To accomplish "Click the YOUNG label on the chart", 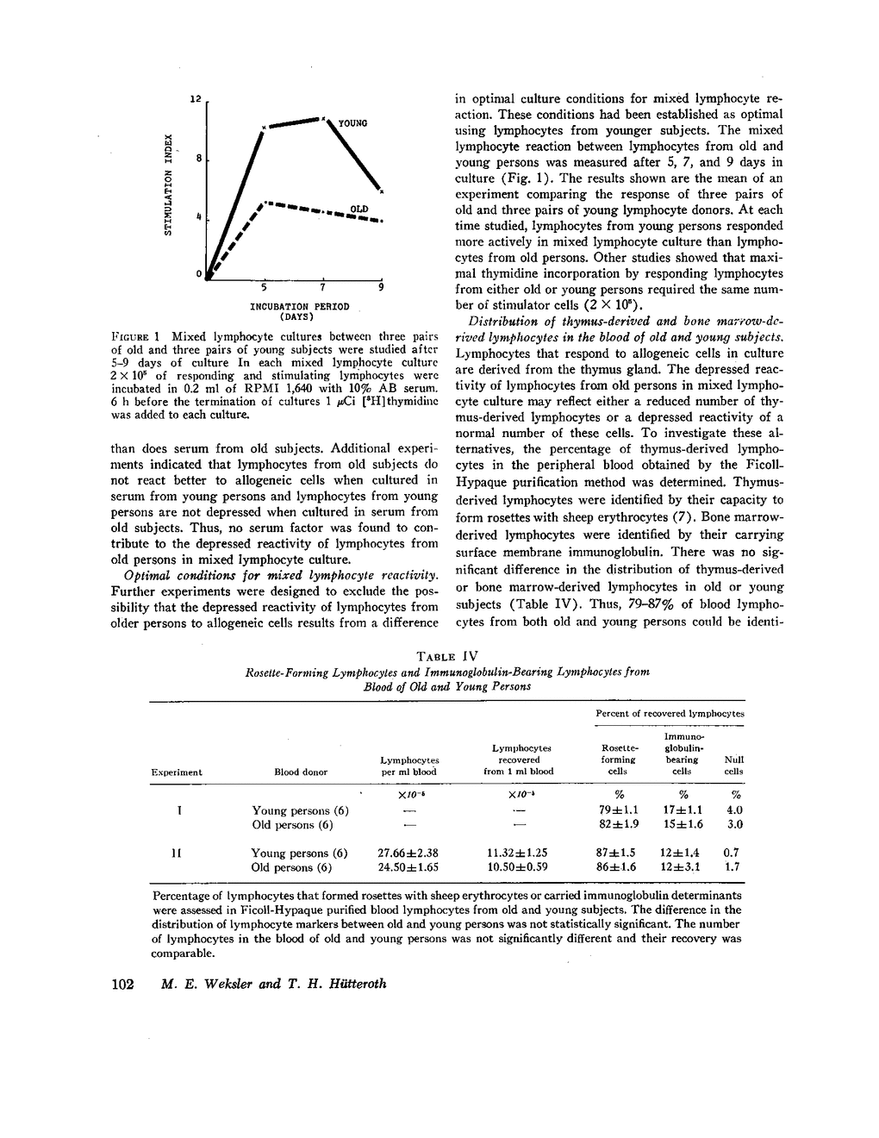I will click(352, 124).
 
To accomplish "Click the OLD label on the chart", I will click(359, 209).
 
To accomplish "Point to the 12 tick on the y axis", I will click(196, 100).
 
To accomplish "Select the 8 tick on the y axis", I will click(198, 159).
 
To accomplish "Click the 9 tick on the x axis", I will click(381, 286).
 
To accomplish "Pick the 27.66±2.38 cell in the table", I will click(408, 853).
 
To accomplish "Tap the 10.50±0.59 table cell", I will click(518, 867).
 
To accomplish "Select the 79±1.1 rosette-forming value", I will click(618, 810).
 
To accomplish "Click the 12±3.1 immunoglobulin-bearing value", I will click(683, 867).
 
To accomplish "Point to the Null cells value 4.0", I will click(734, 810).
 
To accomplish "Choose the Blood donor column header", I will click(301, 772).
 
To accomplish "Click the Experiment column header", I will click(177, 772).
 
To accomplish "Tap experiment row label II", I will click(177, 853).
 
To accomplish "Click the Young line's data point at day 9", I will click(381, 191).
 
